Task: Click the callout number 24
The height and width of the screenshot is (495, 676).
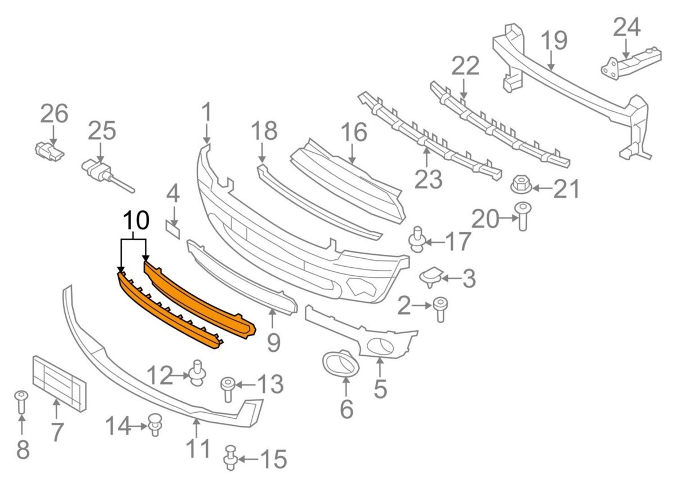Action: coord(627,27)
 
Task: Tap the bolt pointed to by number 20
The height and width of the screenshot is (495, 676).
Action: coord(523,216)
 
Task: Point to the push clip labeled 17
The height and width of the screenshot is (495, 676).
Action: coord(417,240)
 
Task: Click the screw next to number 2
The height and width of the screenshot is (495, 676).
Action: coord(441,310)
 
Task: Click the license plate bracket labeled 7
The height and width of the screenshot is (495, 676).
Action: coord(59,383)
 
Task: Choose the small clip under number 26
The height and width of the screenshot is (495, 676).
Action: coord(49,151)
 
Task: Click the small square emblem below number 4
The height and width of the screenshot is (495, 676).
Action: coord(172,229)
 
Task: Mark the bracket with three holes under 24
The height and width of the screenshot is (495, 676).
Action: coord(631,64)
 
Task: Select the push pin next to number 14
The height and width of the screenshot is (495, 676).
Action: coord(155,426)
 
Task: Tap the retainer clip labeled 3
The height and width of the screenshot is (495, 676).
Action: coord(431,276)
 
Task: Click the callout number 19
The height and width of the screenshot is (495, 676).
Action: coord(554,41)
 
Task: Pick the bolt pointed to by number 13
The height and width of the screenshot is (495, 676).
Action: coord(228,390)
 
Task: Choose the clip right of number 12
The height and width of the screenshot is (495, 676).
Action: coord(197,374)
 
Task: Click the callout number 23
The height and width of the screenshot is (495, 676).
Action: coord(429,179)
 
